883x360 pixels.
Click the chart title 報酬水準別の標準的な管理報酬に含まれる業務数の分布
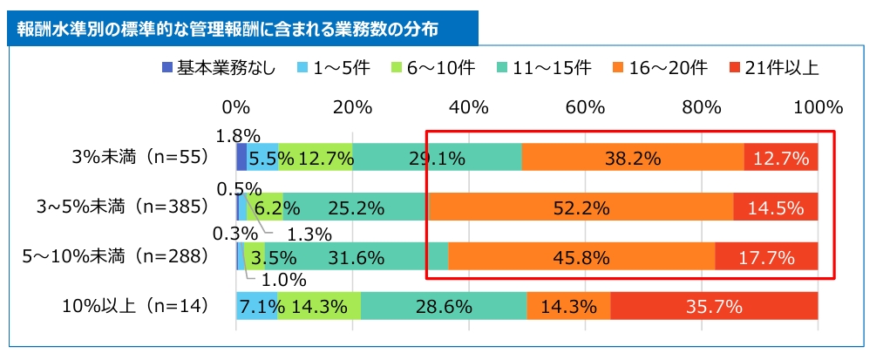[x=227, y=28]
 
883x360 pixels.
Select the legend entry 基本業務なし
[x=219, y=68]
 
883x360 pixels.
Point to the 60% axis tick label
[x=585, y=108]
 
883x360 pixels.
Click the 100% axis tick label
[x=818, y=108]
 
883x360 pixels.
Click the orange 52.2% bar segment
[x=581, y=207]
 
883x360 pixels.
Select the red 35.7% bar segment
[x=714, y=307]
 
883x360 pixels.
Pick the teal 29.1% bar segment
[x=437, y=158]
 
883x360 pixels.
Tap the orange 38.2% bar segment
[x=633, y=158]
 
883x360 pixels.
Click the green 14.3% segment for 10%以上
[x=319, y=307]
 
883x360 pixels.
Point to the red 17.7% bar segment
[x=766, y=257]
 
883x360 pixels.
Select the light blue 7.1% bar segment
[x=256, y=307]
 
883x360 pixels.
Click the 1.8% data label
[x=238, y=135]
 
